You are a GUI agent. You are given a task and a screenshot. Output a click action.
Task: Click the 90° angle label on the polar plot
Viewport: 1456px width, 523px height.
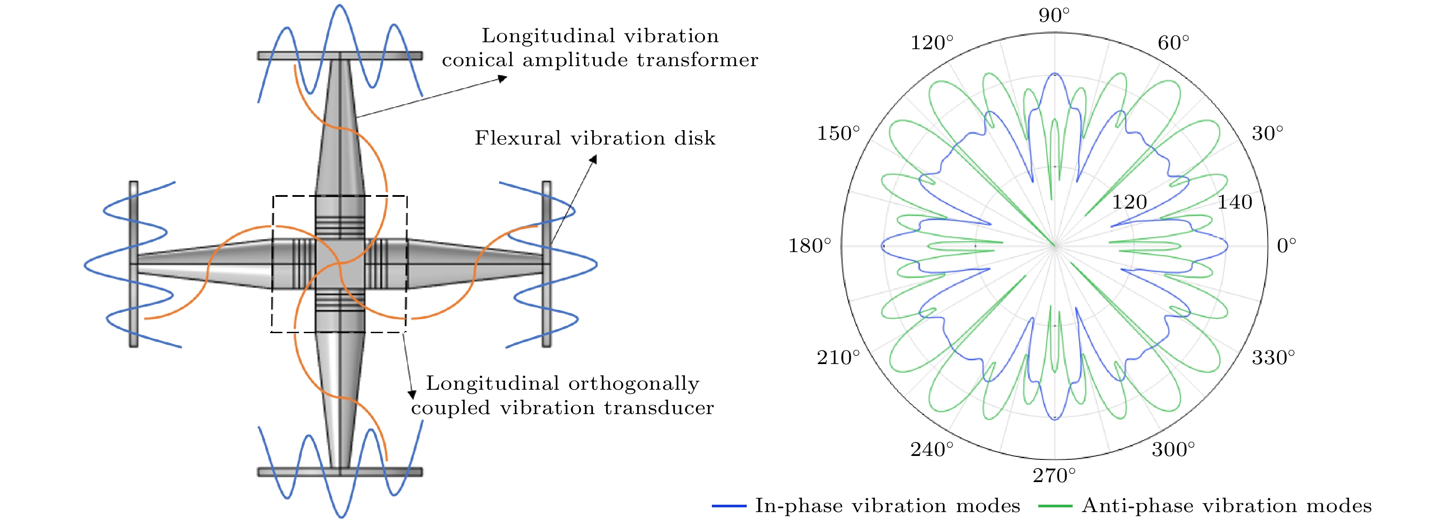pyautogui.click(x=1054, y=15)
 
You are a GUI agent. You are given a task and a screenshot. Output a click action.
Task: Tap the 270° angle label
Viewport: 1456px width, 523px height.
pyautogui.click(x=1054, y=476)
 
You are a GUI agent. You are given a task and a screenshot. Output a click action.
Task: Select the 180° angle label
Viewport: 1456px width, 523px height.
pyautogui.click(x=810, y=245)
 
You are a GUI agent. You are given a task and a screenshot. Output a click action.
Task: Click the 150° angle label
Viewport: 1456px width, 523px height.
pyautogui.click(x=838, y=133)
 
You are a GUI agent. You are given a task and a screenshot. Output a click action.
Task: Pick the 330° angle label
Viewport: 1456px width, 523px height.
pyautogui.click(x=1273, y=358)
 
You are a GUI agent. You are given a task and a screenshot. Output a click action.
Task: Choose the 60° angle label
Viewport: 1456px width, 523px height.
pyautogui.click(x=1174, y=42)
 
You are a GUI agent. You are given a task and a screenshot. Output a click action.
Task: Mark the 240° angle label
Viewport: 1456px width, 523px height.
pyautogui.click(x=932, y=449)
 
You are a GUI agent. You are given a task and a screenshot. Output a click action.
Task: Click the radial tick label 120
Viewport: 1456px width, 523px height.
pyautogui.click(x=1129, y=202)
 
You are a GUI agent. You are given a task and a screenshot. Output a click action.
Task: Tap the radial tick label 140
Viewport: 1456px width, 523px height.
pyautogui.click(x=1235, y=202)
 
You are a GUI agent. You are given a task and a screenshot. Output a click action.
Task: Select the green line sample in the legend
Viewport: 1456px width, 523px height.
pyautogui.click(x=1055, y=506)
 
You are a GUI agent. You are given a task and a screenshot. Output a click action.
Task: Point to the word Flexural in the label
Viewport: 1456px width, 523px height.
pyautogui.click(x=513, y=138)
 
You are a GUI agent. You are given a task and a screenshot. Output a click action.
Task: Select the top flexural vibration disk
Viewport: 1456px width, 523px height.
pyautogui.click(x=340, y=55)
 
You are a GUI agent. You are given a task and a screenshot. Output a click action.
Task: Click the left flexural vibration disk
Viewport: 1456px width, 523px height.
pyautogui.click(x=134, y=263)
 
